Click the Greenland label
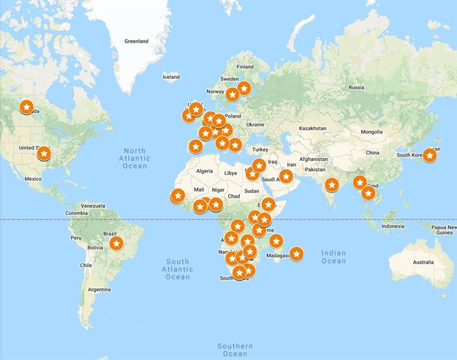pos(137,41)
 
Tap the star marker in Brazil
pos(116,243)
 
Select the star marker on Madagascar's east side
pos(296,254)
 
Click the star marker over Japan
pos(430,154)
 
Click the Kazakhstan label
pos(312,128)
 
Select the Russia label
pos(356,87)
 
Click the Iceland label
pos(170,77)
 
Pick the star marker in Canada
pos(26,108)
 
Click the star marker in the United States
pos(44,154)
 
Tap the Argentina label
pos(104,290)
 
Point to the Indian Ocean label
pos(333,257)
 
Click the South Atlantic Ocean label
pos(178,269)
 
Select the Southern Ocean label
pos(235,350)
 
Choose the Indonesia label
pos(392,226)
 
